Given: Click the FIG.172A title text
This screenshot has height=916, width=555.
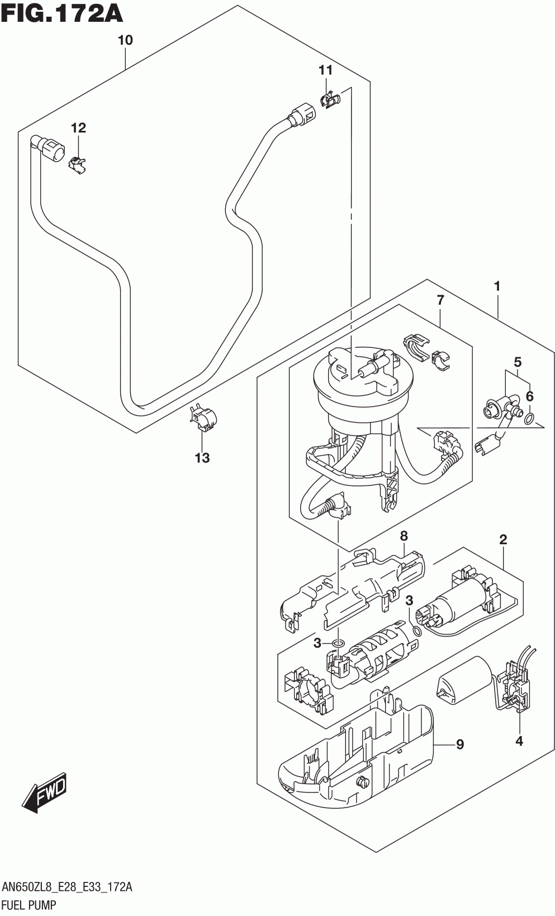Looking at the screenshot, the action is click(x=61, y=13).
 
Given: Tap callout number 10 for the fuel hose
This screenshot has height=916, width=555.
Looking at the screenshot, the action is click(x=125, y=40).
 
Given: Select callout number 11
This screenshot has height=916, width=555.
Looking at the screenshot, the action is click(x=326, y=70).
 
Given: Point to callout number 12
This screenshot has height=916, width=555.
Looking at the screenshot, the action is click(x=78, y=129).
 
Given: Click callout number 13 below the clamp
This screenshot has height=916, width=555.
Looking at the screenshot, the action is click(x=202, y=458).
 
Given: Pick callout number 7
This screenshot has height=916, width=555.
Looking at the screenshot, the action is click(x=440, y=300).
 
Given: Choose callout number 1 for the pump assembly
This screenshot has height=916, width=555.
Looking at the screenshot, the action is click(x=497, y=287).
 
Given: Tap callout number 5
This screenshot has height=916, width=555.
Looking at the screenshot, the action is click(x=518, y=362).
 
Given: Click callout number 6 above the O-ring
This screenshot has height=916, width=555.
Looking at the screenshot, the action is click(x=530, y=396).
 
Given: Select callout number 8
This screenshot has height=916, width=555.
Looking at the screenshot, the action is click(x=404, y=536).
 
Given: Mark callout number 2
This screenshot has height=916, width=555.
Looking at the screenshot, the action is click(x=503, y=540).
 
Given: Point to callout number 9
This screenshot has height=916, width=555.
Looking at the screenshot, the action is click(x=460, y=745).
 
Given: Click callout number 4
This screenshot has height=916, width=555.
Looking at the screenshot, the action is click(x=519, y=741).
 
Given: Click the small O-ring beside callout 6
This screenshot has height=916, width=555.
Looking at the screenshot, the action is click(x=530, y=418).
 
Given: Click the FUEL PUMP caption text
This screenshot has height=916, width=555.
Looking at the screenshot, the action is click(x=29, y=905).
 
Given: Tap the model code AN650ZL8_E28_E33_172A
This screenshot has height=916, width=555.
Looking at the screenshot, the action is click(x=67, y=887).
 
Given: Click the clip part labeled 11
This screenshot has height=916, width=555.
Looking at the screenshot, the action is click(x=329, y=101).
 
